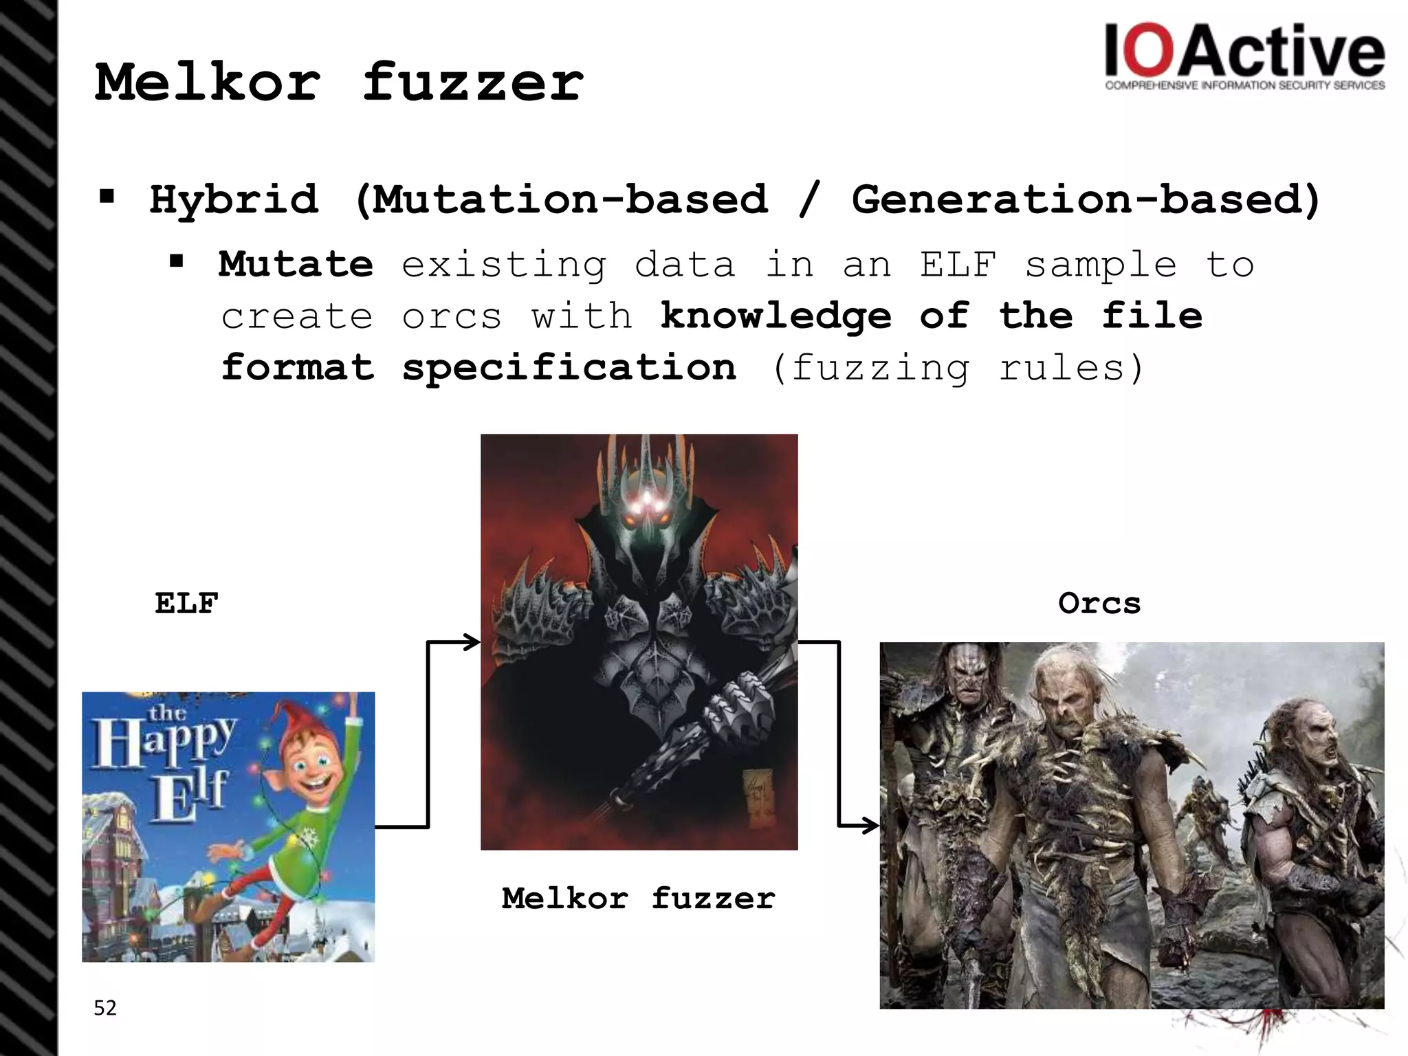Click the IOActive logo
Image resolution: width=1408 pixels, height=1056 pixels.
tap(1244, 58)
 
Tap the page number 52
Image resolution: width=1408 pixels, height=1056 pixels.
tap(105, 1008)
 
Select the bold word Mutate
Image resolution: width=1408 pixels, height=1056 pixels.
tap(296, 265)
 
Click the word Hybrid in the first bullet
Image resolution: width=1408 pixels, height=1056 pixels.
tap(234, 199)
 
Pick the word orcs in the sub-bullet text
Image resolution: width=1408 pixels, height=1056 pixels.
tap(452, 317)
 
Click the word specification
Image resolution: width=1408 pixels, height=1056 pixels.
tap(569, 368)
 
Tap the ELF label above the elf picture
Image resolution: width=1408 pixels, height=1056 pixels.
tap(186, 604)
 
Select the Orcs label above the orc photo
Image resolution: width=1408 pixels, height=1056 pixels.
tap(1099, 604)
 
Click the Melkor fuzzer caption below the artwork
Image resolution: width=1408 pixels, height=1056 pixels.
tap(638, 899)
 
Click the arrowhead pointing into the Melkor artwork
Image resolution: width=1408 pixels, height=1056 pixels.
tap(473, 642)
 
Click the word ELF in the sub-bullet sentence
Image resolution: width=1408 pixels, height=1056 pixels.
tap(958, 265)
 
